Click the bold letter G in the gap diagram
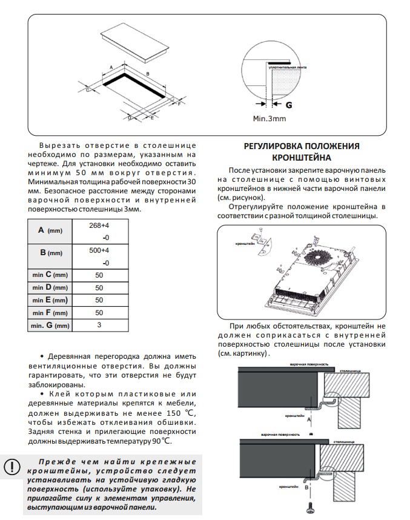289,104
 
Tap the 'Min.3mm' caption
269,119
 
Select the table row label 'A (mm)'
50,231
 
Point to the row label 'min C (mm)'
50,275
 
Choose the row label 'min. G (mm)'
50,325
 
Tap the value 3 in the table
99,325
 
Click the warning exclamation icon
12,467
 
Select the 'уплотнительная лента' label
288,67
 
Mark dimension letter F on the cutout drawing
179,104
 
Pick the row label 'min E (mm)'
50,300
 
